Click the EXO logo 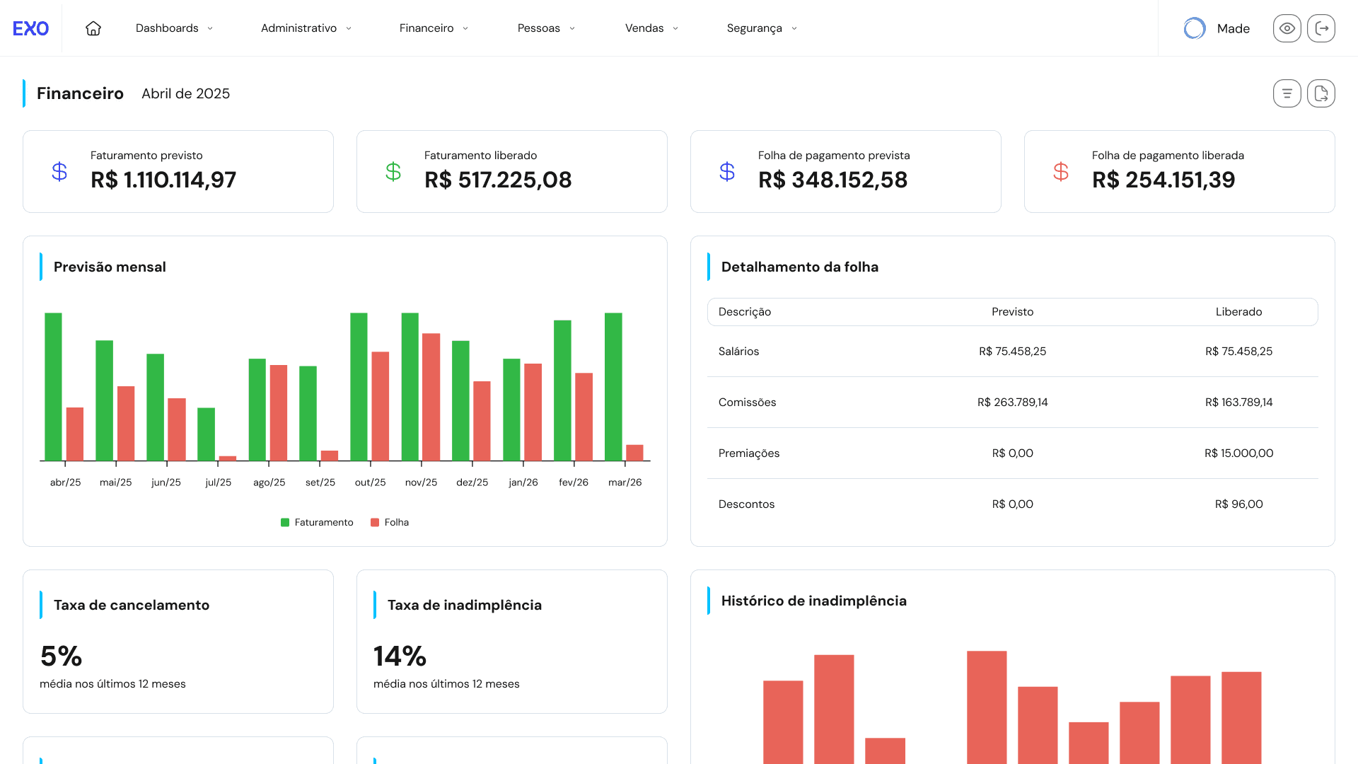coord(30,28)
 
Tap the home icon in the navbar coord(93,28)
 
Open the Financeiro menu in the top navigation coord(434,28)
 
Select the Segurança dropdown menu coord(762,28)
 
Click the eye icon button coord(1287,28)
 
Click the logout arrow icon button coord(1321,28)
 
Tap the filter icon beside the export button coord(1287,93)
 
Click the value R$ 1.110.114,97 coord(163,180)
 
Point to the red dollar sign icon coord(1060,172)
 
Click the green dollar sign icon coord(393,172)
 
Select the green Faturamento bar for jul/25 coord(206,434)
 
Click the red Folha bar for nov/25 coord(431,397)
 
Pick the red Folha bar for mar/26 coord(634,453)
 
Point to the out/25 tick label coord(370,482)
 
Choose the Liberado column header coord(1238,312)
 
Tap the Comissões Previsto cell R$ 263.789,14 coord(1012,403)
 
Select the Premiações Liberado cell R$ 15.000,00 coord(1238,453)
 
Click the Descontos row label coord(746,504)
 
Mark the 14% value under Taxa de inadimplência coord(400,656)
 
